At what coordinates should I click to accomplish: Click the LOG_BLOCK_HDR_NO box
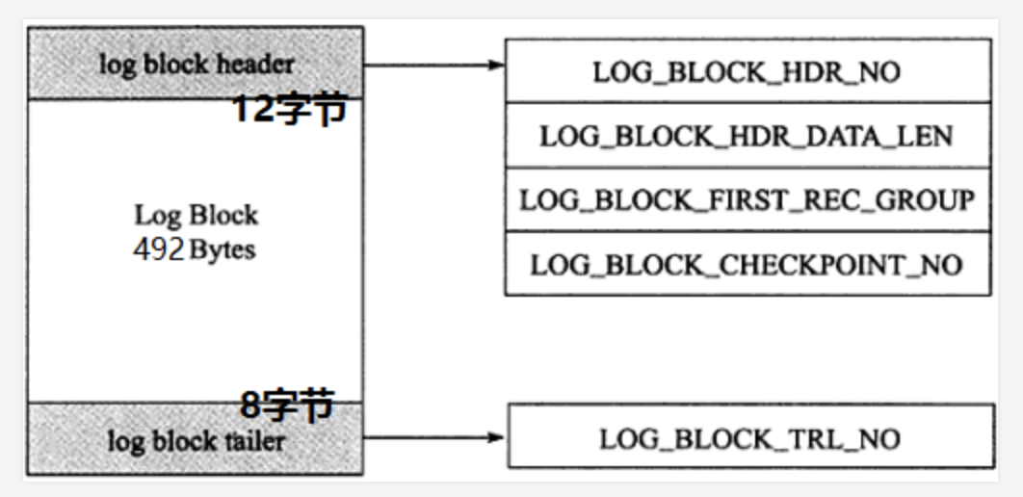[748, 70]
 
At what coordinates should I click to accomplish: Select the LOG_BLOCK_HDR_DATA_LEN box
[748, 135]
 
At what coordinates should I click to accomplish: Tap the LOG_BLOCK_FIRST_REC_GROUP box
[748, 199]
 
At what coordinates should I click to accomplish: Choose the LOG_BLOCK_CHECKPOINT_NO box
[748, 263]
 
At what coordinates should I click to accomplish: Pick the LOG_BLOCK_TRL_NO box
[749, 438]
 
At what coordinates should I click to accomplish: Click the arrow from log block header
[433, 65]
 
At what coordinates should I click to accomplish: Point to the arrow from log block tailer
[433, 437]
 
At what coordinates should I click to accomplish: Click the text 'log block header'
[196, 65]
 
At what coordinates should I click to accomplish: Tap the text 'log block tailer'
[196, 441]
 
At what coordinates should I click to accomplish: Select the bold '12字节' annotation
[287, 110]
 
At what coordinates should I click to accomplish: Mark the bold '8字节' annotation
[286, 405]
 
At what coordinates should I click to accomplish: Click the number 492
[159, 249]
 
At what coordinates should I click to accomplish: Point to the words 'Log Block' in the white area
[196, 215]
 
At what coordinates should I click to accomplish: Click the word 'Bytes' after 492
[223, 249]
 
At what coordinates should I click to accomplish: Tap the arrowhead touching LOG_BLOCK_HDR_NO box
[497, 65]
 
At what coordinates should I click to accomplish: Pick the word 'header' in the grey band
[260, 65]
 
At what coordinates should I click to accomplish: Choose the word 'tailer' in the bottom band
[253, 441]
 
